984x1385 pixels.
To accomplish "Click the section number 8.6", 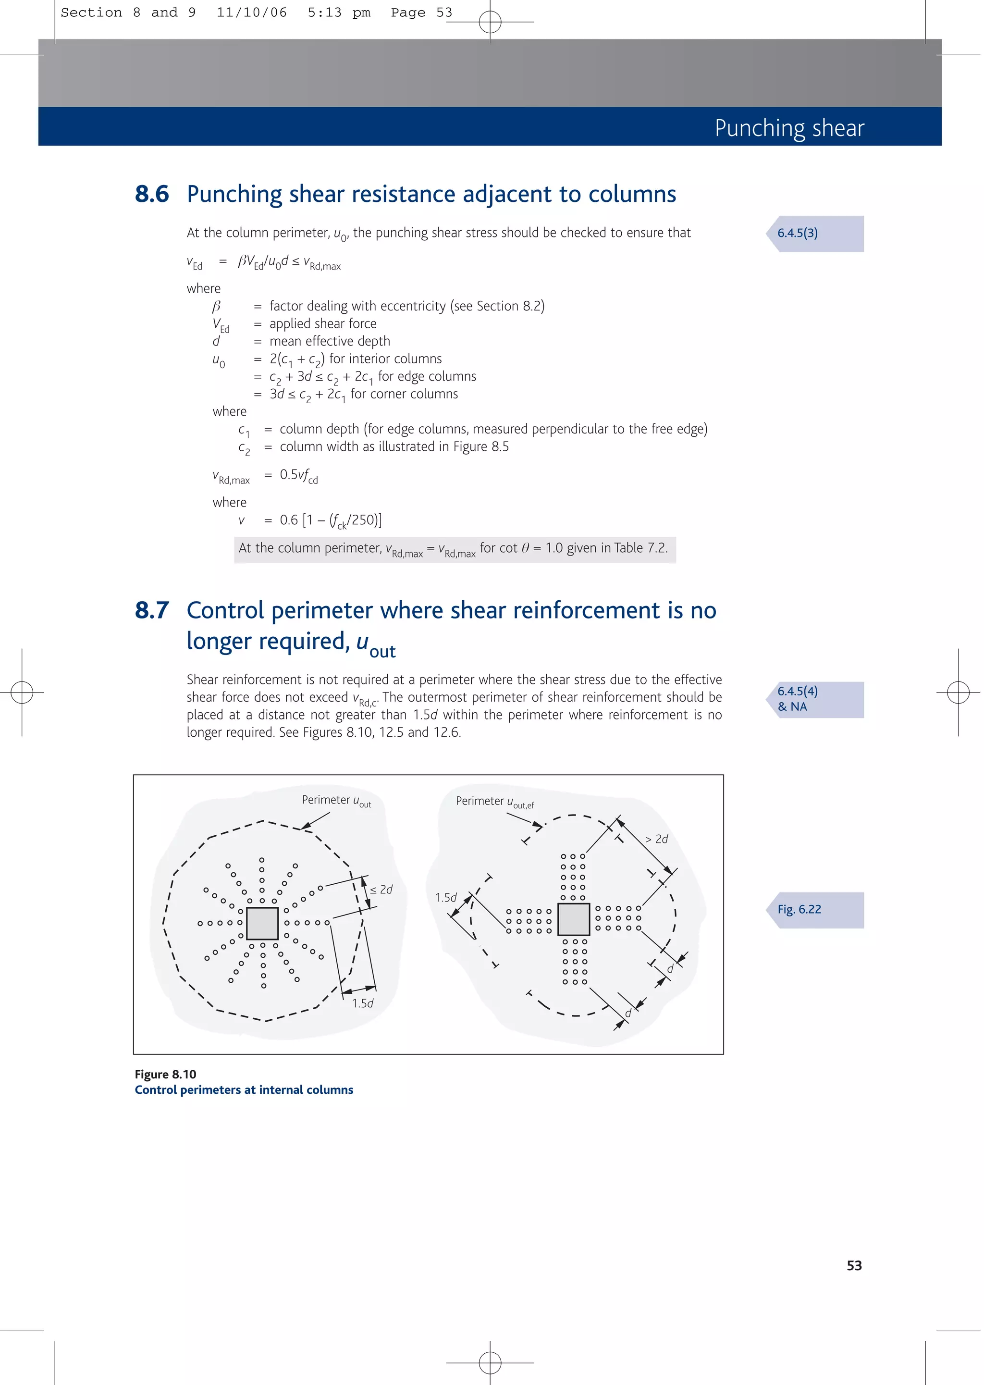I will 151,195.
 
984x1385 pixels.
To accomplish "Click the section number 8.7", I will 151,611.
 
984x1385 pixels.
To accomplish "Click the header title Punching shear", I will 789,128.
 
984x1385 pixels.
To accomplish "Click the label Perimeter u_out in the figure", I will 336,801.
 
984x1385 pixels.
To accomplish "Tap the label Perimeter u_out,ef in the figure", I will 494,802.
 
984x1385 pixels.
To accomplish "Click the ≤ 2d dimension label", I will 381,890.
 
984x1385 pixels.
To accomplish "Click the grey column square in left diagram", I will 262,923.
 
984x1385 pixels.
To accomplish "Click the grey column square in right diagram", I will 573,919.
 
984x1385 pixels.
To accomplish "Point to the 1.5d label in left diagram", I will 362,1003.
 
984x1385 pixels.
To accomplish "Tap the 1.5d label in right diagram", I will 446,897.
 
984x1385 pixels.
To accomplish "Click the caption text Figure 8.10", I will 165,1074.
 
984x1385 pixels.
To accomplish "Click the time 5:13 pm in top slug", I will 339,12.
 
